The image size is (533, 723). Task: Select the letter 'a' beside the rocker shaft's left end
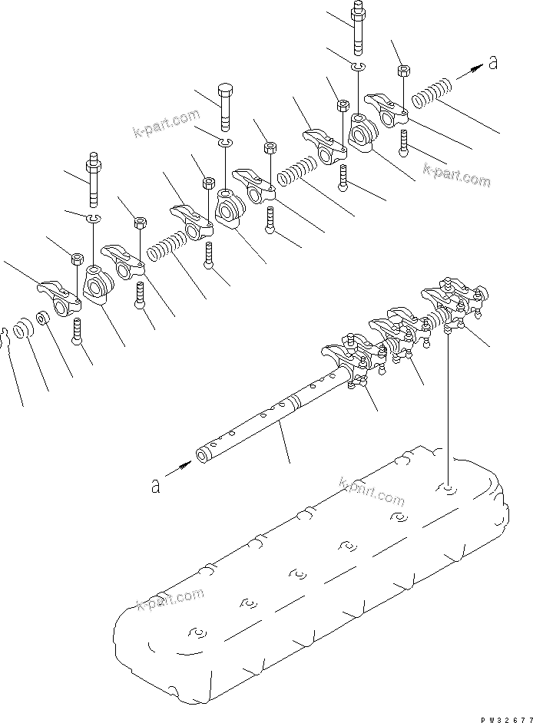tap(156, 485)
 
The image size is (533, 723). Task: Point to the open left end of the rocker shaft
tap(201, 456)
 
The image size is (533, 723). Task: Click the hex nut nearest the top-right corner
tap(402, 71)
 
